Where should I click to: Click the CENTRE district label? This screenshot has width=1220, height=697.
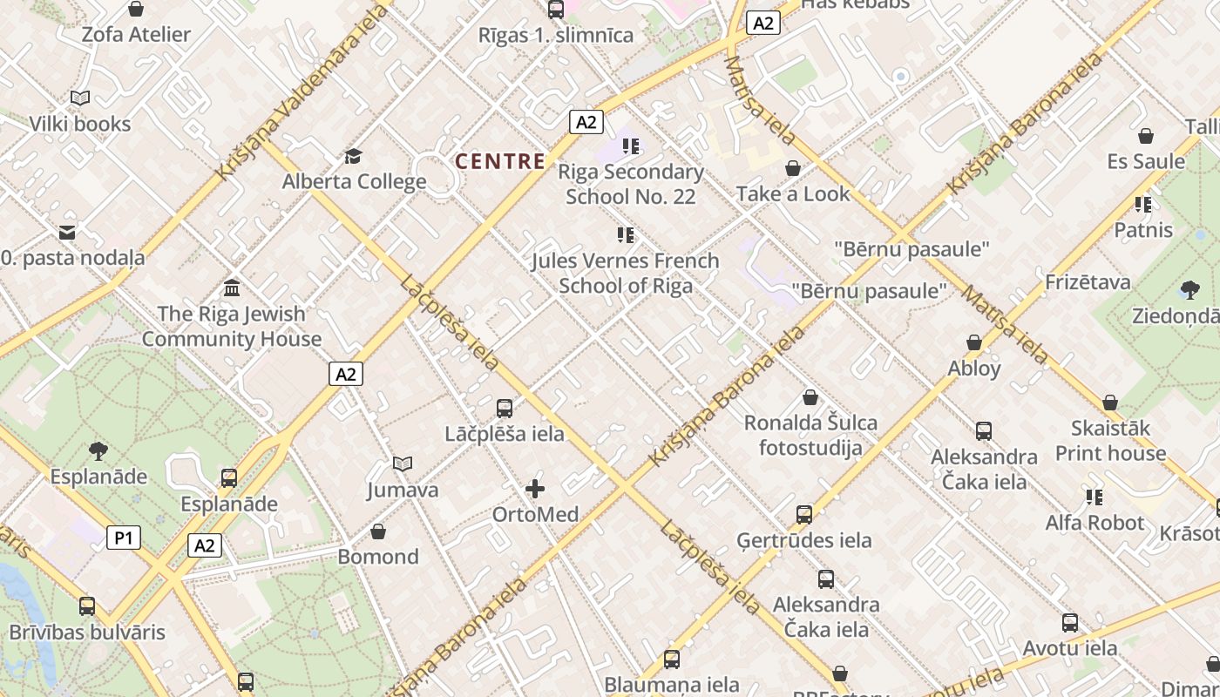[500, 161]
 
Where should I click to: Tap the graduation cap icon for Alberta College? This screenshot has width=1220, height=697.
[353, 156]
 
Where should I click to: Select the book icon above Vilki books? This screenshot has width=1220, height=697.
[80, 98]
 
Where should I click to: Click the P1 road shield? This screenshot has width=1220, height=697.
[124, 538]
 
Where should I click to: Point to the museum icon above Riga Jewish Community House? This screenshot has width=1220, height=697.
[232, 288]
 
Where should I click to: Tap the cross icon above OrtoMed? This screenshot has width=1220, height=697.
[535, 489]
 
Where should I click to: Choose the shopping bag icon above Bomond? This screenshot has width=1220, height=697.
[378, 531]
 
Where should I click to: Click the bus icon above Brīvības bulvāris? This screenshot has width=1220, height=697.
[87, 606]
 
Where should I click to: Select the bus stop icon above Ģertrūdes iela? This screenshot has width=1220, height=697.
[803, 515]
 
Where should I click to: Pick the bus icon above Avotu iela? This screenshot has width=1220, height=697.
[1070, 623]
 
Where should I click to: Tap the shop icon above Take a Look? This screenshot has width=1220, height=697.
[793, 168]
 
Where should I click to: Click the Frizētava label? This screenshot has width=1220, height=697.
[1088, 282]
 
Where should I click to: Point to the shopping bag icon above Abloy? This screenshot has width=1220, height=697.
[974, 343]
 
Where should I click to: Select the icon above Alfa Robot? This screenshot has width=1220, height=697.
[1095, 497]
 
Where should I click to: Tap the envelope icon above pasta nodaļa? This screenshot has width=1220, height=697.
[67, 233]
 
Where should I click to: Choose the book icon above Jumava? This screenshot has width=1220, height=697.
[403, 464]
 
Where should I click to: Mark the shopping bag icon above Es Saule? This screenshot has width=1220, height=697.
[1146, 136]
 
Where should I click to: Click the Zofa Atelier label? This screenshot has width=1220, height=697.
[136, 35]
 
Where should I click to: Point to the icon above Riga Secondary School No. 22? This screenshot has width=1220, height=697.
[631, 146]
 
